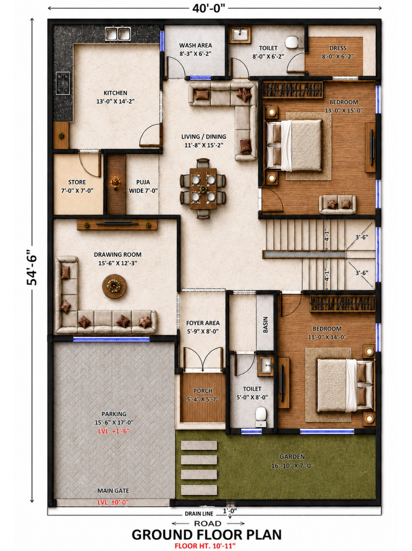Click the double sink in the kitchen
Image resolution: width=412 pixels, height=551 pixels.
[x=118, y=34]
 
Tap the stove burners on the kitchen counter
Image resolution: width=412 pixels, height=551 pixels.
[x=63, y=83]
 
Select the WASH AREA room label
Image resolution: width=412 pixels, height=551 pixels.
[x=196, y=46]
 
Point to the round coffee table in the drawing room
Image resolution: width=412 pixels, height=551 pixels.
[x=114, y=286]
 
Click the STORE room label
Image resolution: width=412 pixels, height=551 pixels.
[x=77, y=182]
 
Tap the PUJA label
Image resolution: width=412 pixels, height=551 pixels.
[x=143, y=182]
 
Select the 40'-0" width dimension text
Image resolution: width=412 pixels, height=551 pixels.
[x=209, y=8]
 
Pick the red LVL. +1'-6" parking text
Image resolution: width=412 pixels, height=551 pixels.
[x=114, y=431]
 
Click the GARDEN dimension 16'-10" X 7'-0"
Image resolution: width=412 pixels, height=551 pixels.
[x=292, y=466]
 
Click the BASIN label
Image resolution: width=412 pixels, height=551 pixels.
[x=265, y=325]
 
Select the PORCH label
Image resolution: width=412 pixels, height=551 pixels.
[x=203, y=391]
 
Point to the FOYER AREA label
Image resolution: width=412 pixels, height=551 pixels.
[x=203, y=323]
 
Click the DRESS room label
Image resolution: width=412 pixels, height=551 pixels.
[x=338, y=48]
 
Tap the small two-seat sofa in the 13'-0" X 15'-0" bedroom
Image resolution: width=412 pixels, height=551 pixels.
[x=338, y=204]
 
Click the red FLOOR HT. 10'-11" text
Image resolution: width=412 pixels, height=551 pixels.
[x=205, y=545]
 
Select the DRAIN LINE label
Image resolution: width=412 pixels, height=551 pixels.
[x=199, y=514]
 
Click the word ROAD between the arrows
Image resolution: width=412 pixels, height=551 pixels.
[x=208, y=523]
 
